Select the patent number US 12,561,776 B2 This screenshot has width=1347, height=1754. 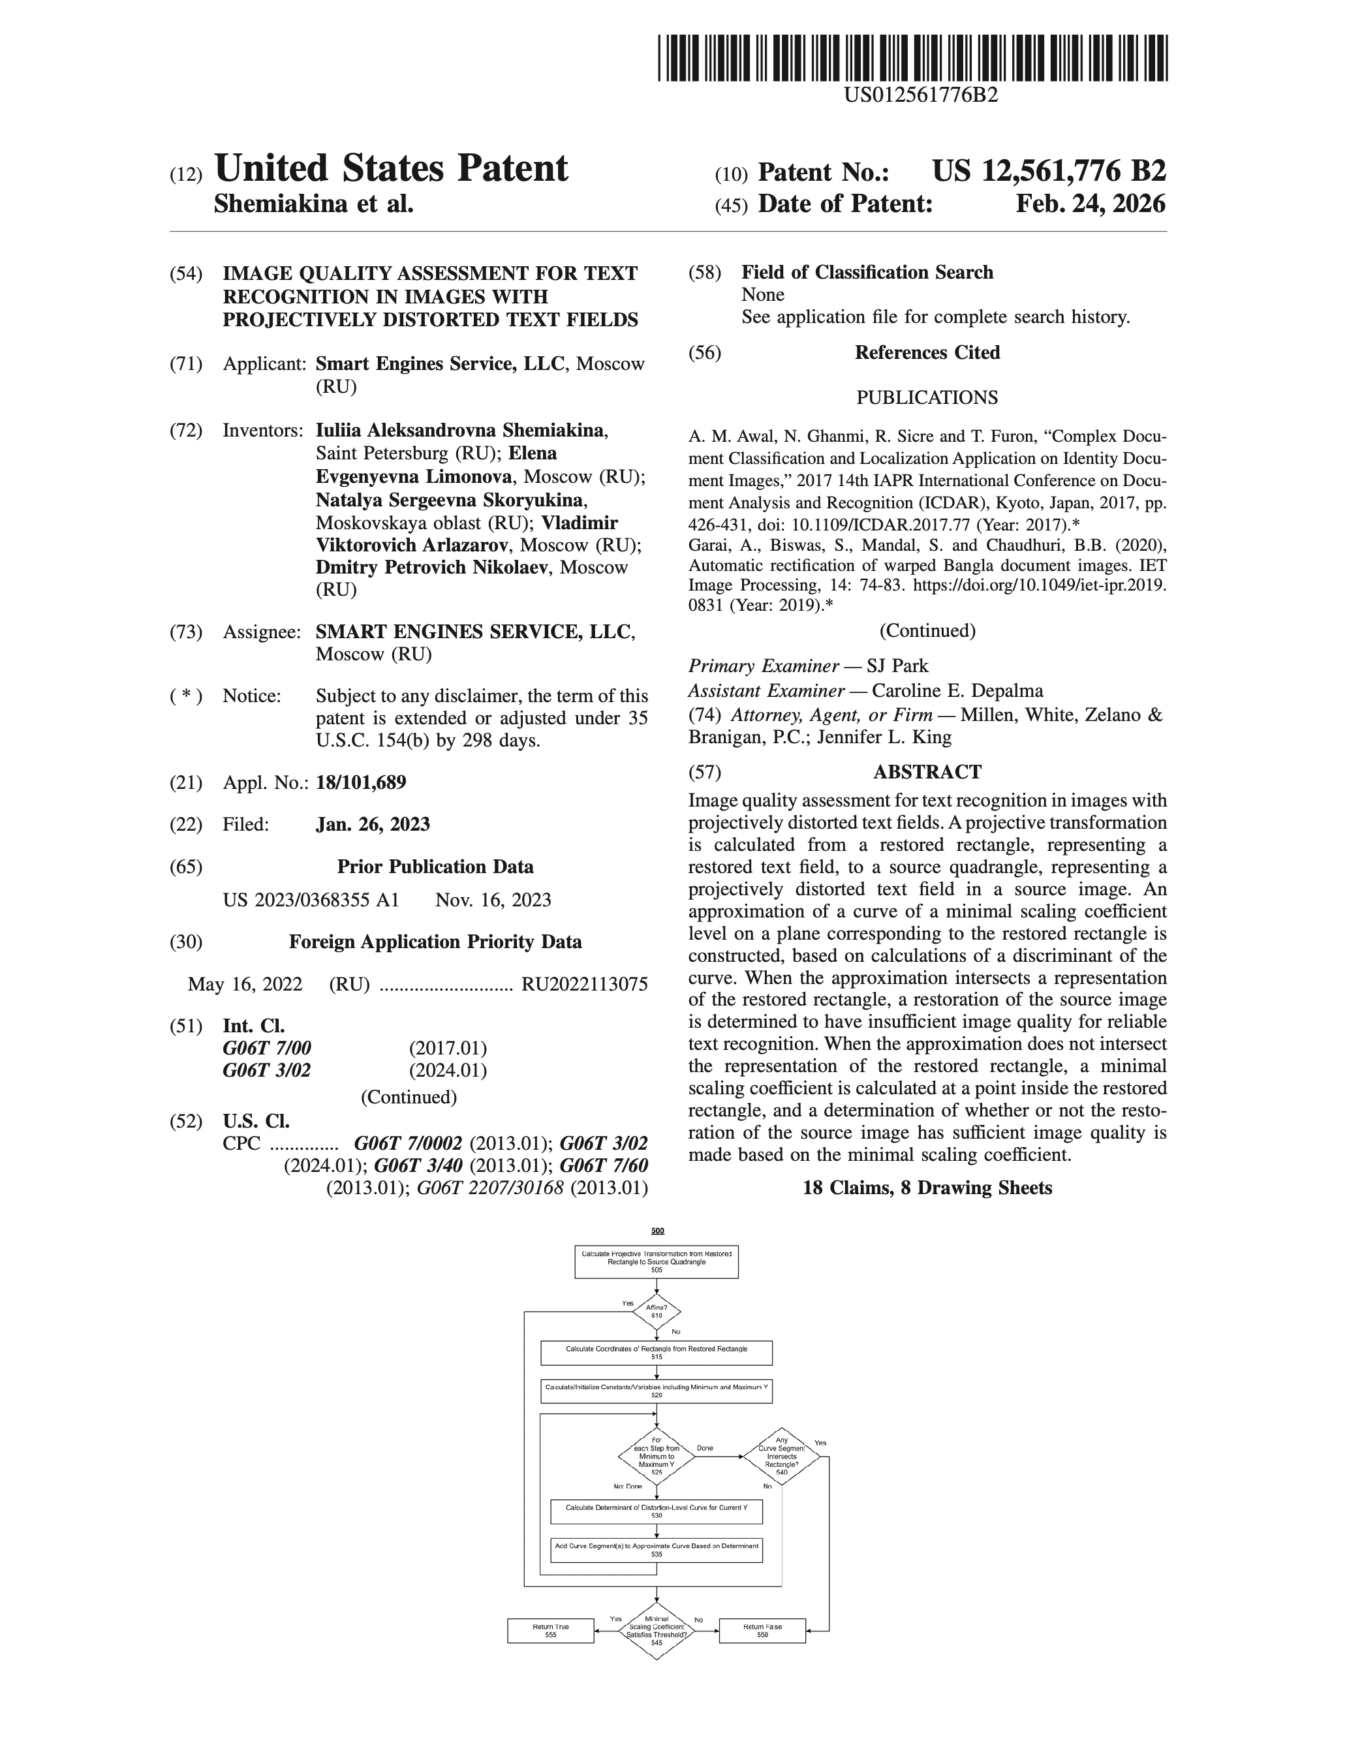tap(1049, 172)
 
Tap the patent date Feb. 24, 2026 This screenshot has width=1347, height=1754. tap(1091, 204)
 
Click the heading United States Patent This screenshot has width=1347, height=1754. tap(392, 169)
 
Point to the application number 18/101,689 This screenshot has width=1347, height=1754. tap(361, 782)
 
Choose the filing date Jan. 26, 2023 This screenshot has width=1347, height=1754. tap(373, 824)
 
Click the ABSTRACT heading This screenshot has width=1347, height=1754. tap(927, 772)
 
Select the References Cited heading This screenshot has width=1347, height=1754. tap(927, 353)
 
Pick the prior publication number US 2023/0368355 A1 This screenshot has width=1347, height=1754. tap(311, 900)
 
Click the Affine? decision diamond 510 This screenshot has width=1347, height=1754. tap(657, 1312)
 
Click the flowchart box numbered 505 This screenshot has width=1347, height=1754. tap(657, 1262)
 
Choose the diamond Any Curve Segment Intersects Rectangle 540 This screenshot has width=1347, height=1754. tap(782, 1456)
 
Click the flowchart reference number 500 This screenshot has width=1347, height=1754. tap(657, 1231)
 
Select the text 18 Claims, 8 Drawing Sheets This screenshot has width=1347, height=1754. tap(927, 1188)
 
